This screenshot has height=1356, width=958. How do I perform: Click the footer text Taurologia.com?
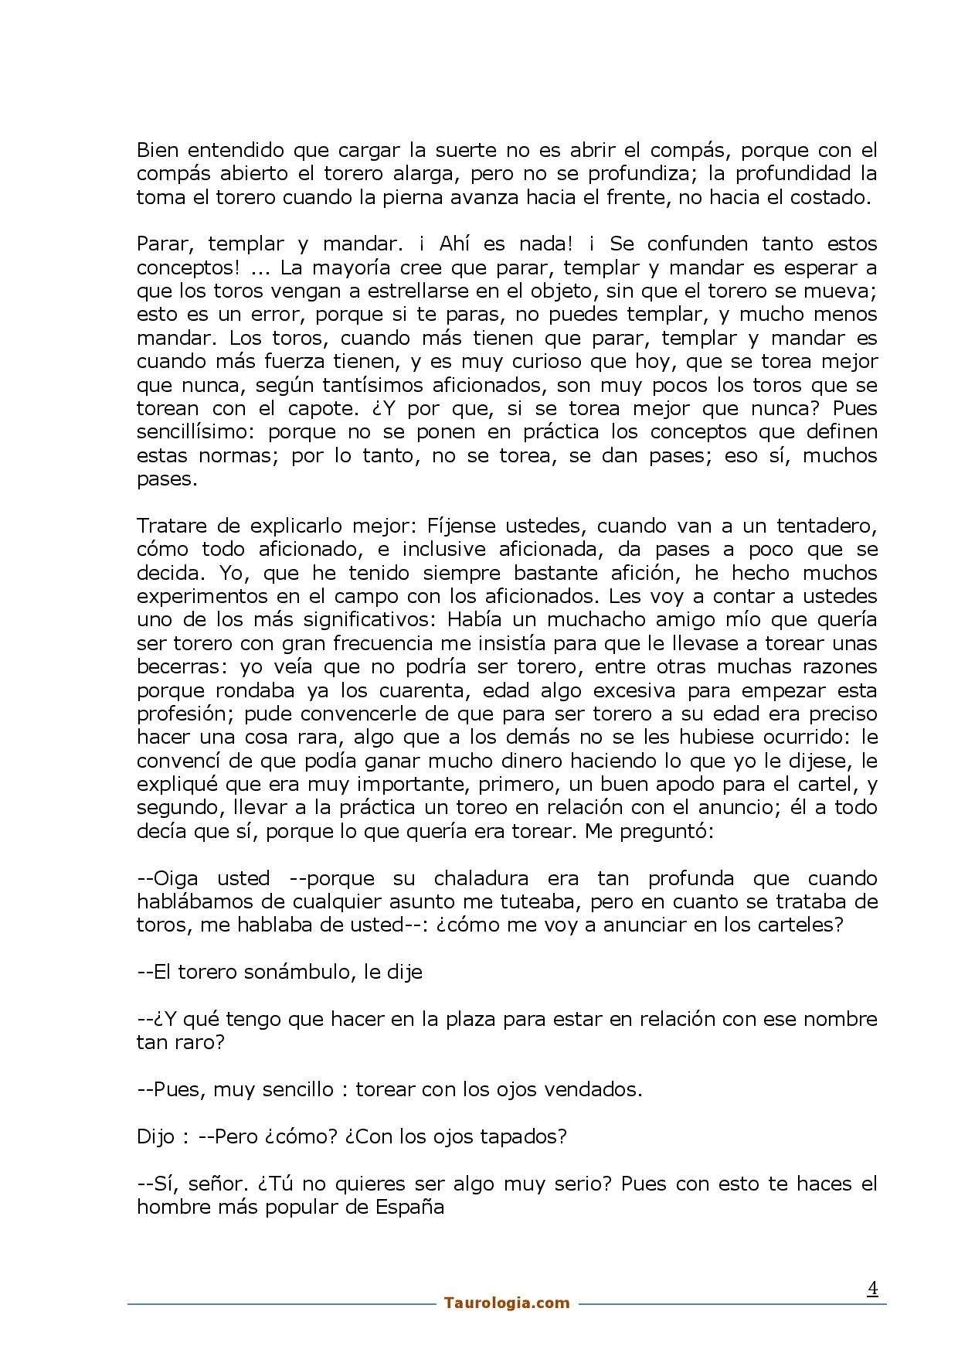(x=507, y=1303)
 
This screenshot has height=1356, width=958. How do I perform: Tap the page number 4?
(x=872, y=1288)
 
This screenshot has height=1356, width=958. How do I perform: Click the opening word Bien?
(x=157, y=150)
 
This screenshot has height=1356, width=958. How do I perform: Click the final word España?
(x=409, y=1208)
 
